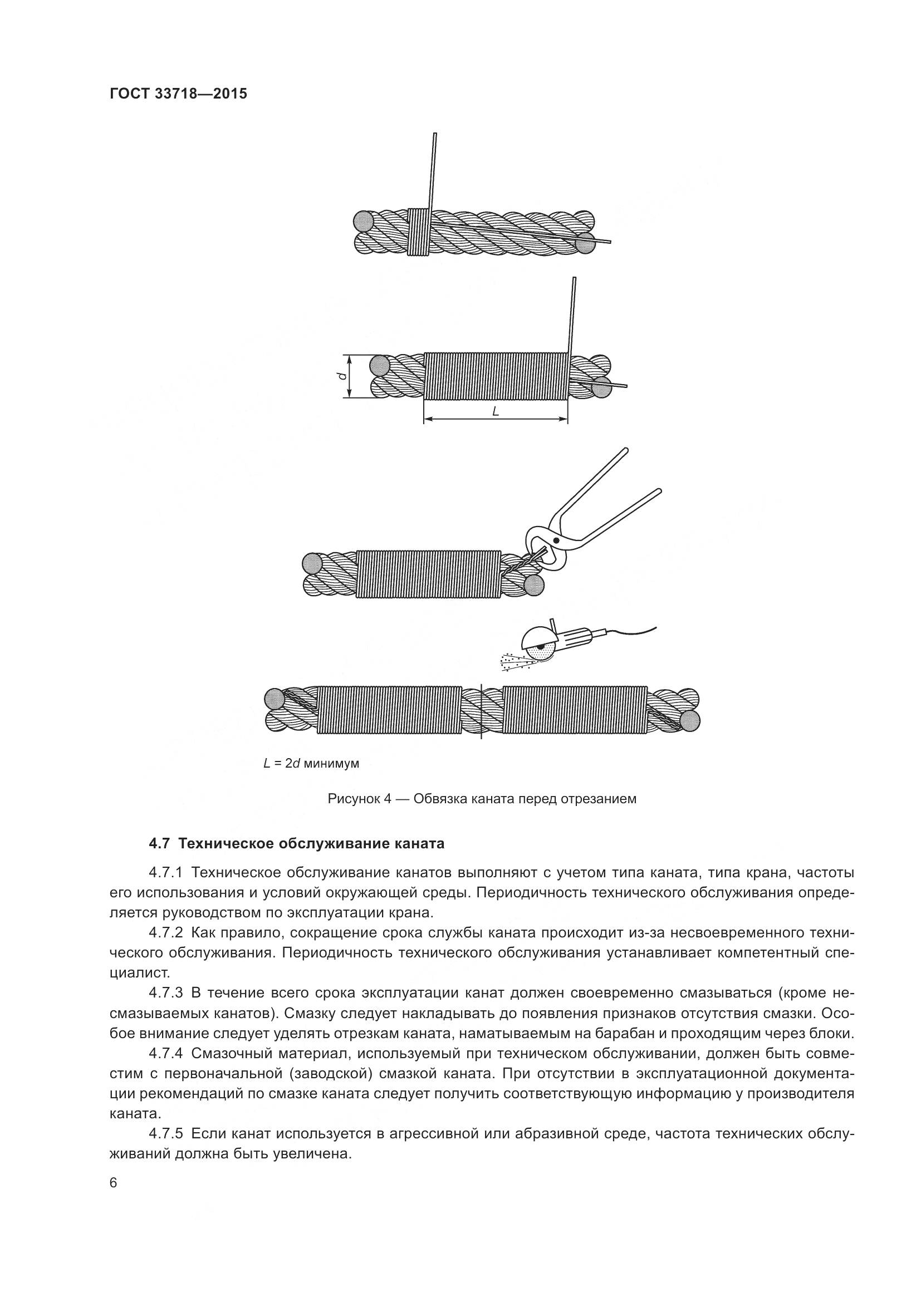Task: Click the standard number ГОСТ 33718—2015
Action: click(179, 94)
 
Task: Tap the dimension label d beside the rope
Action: click(339, 376)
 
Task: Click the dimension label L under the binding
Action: click(495, 411)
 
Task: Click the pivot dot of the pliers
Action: click(556, 541)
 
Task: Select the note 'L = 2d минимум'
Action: click(311, 763)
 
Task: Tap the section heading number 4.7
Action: click(159, 844)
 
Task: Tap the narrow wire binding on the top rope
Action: click(419, 232)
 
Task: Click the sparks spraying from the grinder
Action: click(513, 662)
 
